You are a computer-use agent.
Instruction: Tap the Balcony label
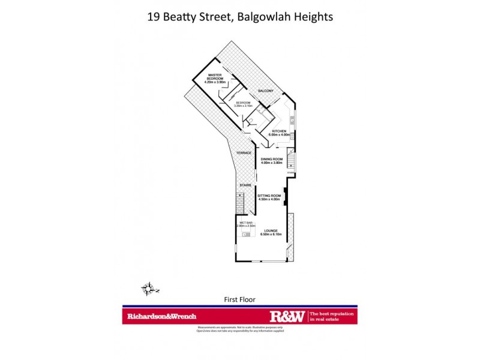click(x=266, y=91)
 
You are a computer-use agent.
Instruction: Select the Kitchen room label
click(x=280, y=131)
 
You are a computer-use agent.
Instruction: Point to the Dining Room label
click(x=271, y=158)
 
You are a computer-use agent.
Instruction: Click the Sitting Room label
click(x=269, y=196)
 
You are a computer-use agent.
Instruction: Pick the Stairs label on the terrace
click(x=245, y=185)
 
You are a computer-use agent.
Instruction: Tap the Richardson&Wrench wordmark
click(x=161, y=316)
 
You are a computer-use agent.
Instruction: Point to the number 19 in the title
click(x=154, y=17)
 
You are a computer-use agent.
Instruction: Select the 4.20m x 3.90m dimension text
click(x=215, y=82)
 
